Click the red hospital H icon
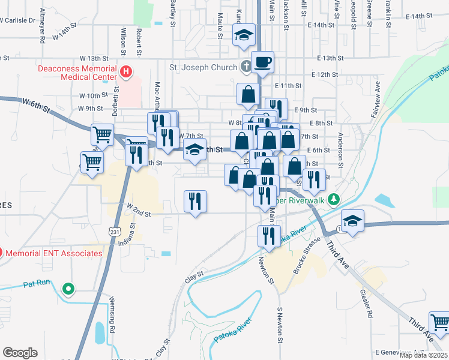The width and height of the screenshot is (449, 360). pyautogui.click(x=126, y=73)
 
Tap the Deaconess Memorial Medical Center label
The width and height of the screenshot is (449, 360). pyautogui.click(x=78, y=73)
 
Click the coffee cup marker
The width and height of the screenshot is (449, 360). pyautogui.click(x=262, y=62)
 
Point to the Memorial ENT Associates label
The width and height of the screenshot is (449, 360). pyautogui.click(x=54, y=253)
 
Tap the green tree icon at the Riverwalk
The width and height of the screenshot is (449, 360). pyautogui.click(x=337, y=200)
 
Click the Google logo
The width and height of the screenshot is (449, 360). pyautogui.click(x=20, y=353)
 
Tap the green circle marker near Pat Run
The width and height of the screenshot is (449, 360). pyautogui.click(x=69, y=289)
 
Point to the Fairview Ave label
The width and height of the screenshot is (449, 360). pyautogui.click(x=378, y=98)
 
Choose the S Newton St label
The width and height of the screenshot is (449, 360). pyautogui.click(x=279, y=326)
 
